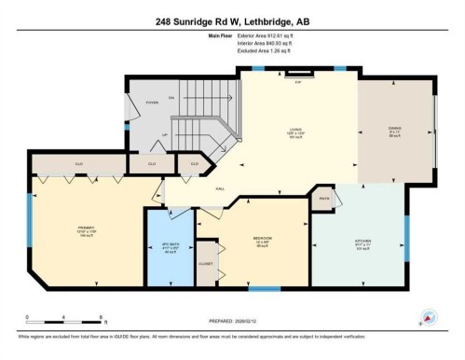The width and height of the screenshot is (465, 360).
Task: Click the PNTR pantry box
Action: coord(324,199)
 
